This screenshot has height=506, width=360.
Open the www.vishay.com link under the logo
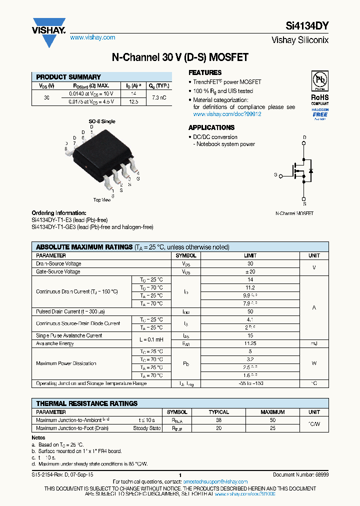[x=92, y=37]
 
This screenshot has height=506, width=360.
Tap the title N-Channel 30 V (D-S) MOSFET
[x=180, y=57]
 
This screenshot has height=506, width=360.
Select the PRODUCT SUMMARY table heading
[x=68, y=77]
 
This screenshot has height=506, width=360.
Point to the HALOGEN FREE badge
[x=319, y=114]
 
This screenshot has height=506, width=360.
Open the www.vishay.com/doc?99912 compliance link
[x=227, y=114]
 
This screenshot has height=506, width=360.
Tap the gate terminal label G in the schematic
[x=275, y=175]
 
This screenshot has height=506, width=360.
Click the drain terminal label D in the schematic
[x=304, y=137]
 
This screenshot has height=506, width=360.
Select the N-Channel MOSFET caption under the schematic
[x=294, y=213]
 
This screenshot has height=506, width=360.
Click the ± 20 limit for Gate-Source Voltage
[x=250, y=271]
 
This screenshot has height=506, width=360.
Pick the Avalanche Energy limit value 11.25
[x=250, y=343]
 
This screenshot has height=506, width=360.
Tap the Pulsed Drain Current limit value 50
[x=250, y=311]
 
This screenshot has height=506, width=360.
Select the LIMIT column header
[x=250, y=255]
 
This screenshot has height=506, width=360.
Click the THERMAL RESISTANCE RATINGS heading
[x=86, y=403]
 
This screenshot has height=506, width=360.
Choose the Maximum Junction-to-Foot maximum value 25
[x=272, y=428]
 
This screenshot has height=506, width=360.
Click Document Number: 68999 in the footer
[x=300, y=474]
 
